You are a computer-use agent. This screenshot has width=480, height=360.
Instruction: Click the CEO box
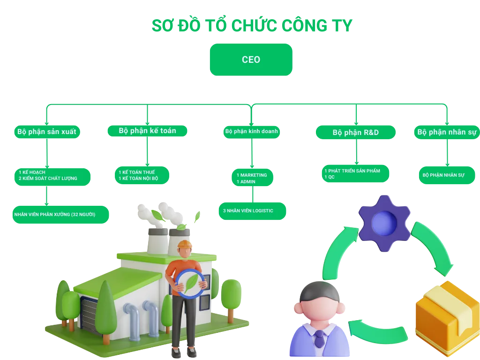tap(251, 60)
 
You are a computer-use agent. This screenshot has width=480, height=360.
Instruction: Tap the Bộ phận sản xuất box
tap(46, 132)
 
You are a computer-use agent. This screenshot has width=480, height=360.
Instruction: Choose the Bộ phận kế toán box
tap(147, 131)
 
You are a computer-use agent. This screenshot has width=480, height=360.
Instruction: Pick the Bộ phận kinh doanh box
tap(251, 131)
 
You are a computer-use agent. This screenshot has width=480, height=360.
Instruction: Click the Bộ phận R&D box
tap(355, 133)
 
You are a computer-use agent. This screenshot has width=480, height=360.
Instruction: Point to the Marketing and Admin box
tap(252, 178)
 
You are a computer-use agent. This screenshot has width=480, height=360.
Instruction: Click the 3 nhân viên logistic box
tap(252, 211)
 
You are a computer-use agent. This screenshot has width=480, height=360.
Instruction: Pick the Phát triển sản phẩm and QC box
tap(355, 174)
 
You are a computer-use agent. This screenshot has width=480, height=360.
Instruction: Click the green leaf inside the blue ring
tap(191, 284)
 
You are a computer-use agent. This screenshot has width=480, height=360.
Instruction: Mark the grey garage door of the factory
tap(92, 311)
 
